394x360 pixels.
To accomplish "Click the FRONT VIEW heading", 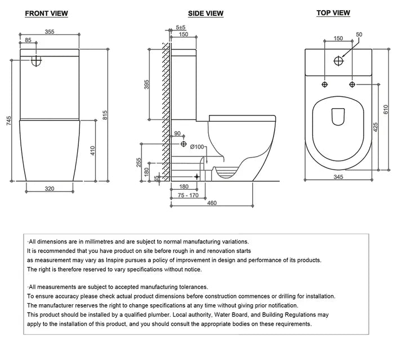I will pos(47,14).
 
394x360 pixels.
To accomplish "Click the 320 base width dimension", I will pos(50,189).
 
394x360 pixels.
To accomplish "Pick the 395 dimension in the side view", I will pos(145,84).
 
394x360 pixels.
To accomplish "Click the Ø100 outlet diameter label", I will pos(198,148).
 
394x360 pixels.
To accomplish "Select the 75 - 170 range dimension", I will pos(187,196).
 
